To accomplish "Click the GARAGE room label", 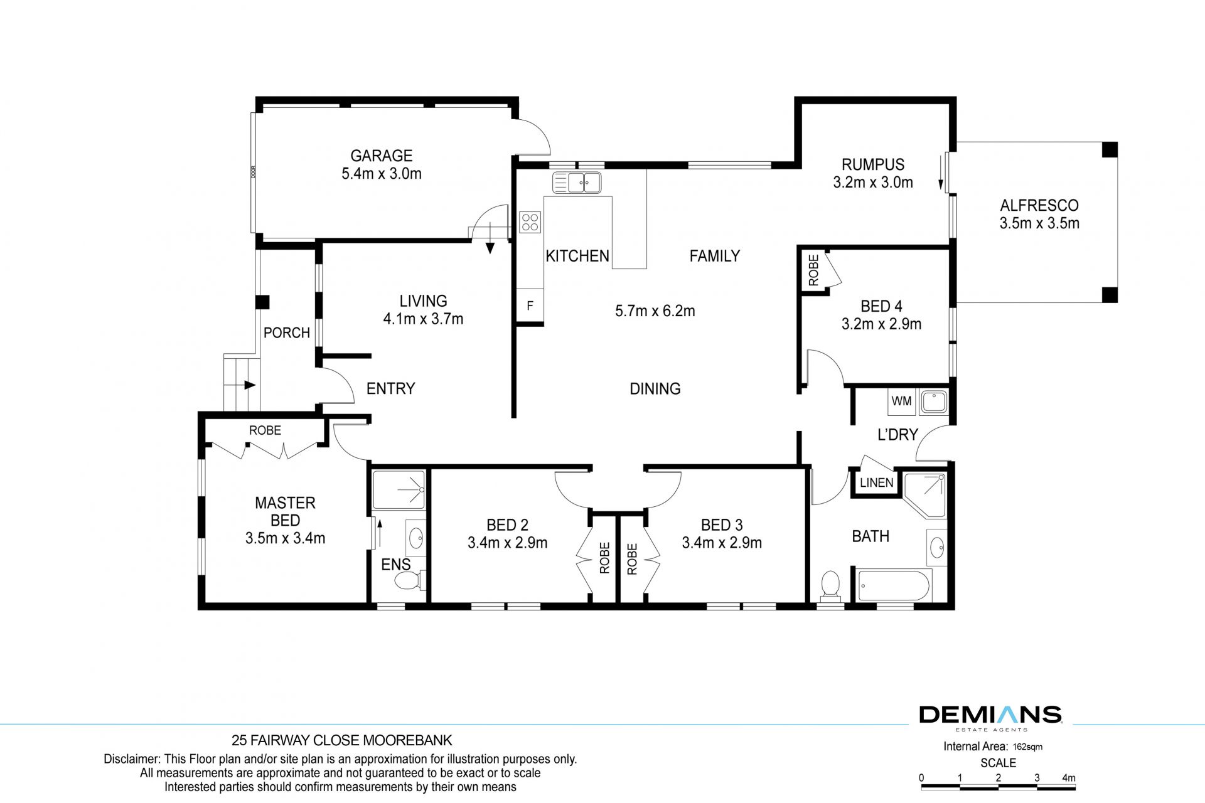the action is point(381,156).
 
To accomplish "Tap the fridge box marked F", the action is point(530,306).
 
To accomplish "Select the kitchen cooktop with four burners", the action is point(530,222).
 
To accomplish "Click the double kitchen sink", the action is point(577,183).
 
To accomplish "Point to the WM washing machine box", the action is point(902,401).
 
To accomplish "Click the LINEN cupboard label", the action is point(876,482).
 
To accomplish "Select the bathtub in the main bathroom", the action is point(895,585).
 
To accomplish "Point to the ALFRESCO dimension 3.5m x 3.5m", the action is point(1039,223).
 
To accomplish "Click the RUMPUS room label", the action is point(873,164).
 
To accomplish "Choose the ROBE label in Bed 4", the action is point(814,270).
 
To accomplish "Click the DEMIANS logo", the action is point(990,715).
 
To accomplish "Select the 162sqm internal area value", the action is point(1027,747).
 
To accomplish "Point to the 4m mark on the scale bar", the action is point(1069,778).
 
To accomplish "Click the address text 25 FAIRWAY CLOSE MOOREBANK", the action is point(342,740).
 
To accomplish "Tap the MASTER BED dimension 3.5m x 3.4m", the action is point(285,538).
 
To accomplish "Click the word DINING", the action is point(655,389).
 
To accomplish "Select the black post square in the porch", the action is point(262,302).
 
